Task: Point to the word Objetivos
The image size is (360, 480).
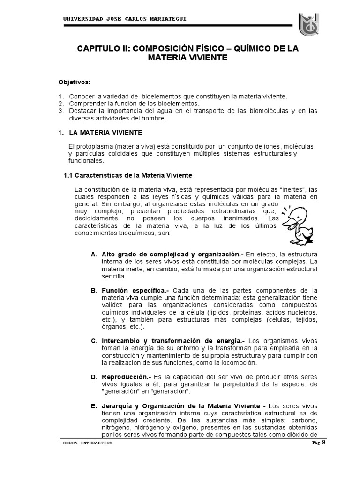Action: tap(74, 82)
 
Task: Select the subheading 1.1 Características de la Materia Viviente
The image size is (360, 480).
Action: tap(127, 175)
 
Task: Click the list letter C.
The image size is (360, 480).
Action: tap(94, 340)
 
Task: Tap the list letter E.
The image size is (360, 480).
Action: tap(94, 406)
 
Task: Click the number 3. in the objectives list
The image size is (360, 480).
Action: tap(61, 111)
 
